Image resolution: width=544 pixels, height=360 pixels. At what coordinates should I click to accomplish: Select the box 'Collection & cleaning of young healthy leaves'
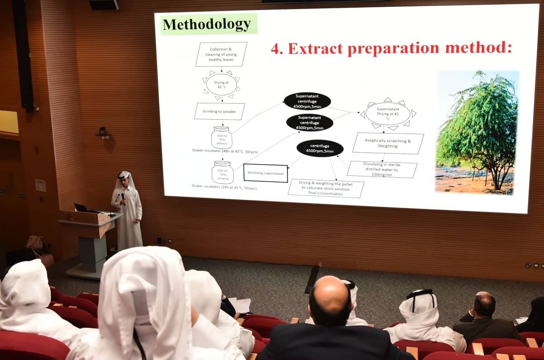221,54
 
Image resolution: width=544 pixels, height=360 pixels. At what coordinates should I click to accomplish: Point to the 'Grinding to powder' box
219,111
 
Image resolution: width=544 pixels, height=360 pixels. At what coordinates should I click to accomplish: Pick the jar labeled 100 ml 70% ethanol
223,172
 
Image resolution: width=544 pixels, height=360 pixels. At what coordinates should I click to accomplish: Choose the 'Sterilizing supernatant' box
266,173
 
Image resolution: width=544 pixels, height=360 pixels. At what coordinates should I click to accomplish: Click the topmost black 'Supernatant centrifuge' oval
307,101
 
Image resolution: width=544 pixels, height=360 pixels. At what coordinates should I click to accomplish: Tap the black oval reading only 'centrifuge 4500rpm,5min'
320,148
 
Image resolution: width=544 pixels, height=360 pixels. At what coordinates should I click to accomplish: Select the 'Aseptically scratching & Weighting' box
388,143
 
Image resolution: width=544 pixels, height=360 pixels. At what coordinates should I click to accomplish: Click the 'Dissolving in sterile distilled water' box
382,169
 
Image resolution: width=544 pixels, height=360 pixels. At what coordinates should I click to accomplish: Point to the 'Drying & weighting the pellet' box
326,188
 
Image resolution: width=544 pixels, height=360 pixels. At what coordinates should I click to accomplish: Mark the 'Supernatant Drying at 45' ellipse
388,113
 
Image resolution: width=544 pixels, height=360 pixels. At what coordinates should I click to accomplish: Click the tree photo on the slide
477,131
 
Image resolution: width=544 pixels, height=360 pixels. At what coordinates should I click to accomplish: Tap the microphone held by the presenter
123,198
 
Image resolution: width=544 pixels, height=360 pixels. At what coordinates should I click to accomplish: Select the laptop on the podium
82,208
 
